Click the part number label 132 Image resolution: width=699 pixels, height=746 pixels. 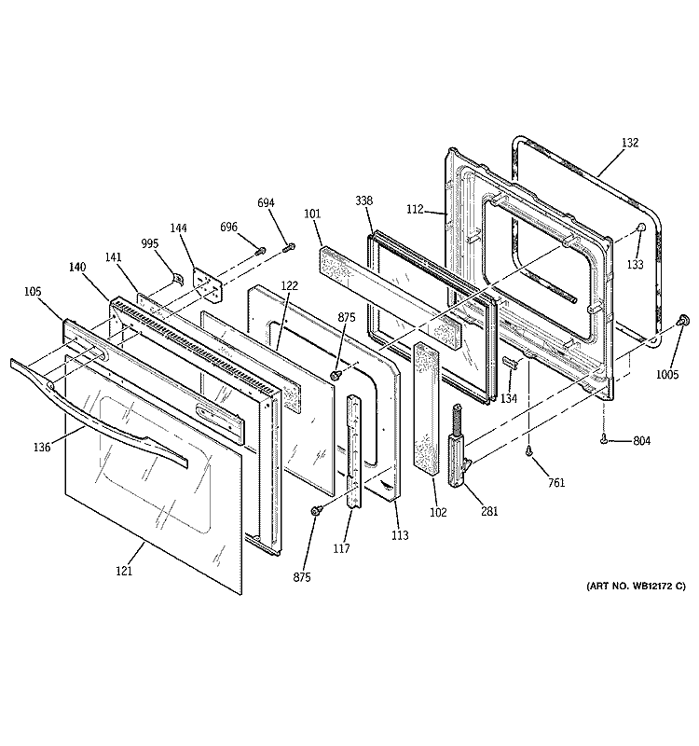630,143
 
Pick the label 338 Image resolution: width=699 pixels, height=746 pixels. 363,200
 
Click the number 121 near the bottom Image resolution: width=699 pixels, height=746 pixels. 124,571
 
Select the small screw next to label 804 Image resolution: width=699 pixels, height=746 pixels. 604,438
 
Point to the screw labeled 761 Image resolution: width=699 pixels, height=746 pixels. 528,451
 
